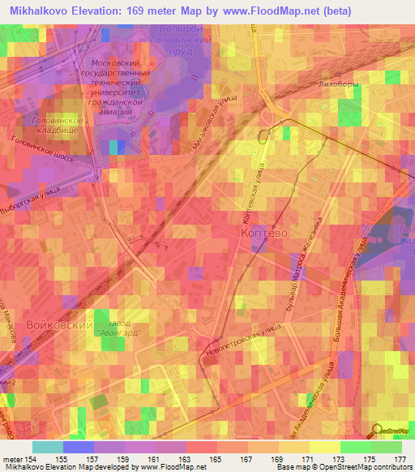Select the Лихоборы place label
340,84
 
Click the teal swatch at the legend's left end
47,447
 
